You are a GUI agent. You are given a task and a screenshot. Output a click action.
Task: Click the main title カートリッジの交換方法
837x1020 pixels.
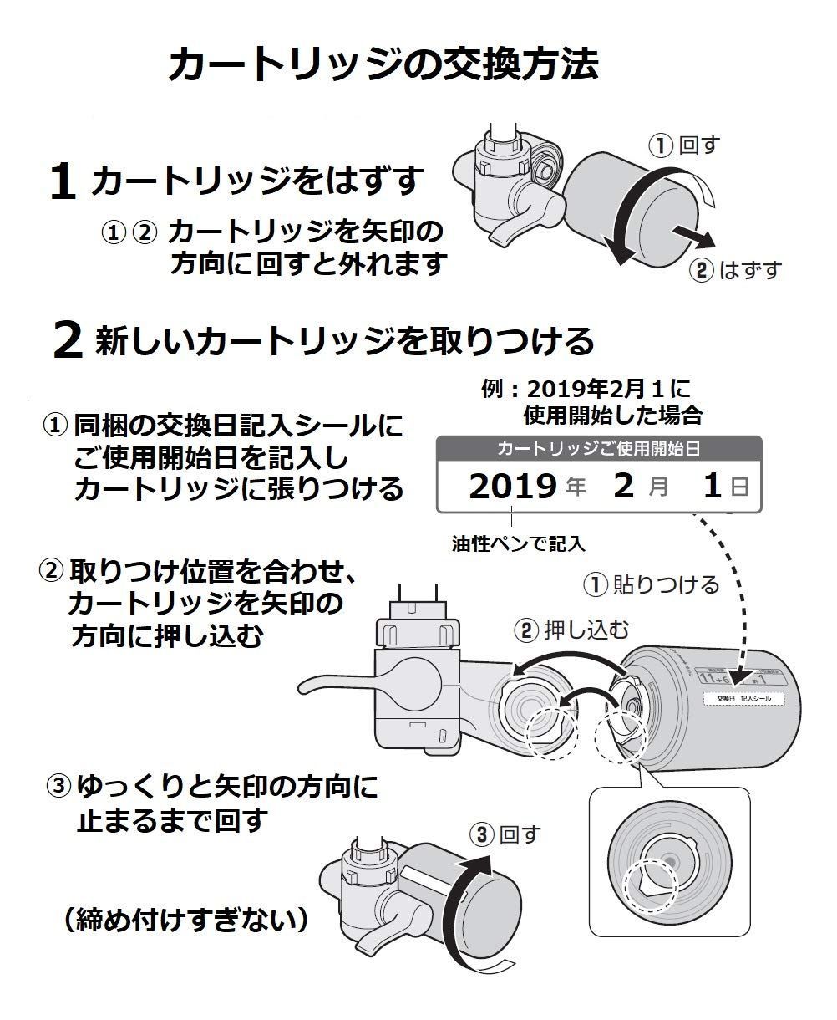383,65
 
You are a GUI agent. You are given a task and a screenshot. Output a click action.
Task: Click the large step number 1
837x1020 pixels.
64,183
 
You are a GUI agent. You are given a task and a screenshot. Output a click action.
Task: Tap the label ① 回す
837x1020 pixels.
684,146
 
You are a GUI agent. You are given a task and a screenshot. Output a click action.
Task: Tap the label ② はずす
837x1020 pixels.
735,270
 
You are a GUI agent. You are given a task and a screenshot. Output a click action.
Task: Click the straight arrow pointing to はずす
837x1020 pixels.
693,236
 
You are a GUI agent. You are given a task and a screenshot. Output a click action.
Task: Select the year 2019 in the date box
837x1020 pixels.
512,487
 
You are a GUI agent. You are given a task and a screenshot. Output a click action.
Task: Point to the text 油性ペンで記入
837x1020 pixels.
518,543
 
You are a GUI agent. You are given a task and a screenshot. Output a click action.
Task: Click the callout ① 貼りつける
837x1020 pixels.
651,584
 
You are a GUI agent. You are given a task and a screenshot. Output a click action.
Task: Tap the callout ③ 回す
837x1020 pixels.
505,834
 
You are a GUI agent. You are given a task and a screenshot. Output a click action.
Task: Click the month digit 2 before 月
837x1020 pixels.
624,487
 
